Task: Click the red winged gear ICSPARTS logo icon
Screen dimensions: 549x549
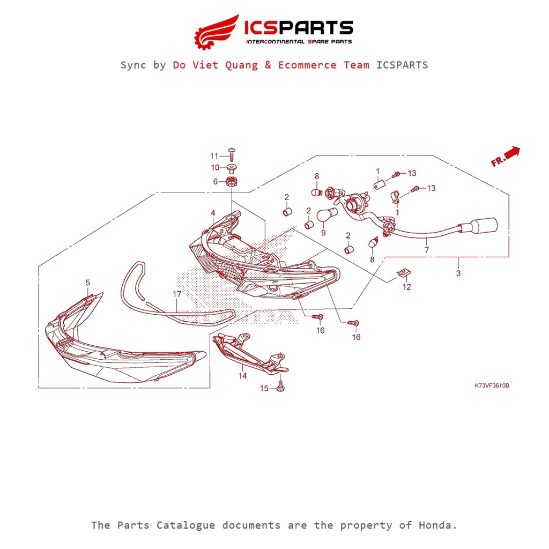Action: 216,31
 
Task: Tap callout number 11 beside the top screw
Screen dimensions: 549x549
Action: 214,156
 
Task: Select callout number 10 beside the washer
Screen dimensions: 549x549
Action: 214,168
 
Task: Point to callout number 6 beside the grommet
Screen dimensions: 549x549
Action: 216,182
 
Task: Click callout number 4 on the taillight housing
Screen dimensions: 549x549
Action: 213,213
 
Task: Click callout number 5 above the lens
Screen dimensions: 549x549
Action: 88,282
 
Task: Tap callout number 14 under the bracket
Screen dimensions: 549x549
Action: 243,376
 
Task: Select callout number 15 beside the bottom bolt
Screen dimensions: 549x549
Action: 264,388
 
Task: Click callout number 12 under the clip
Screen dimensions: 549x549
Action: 407,287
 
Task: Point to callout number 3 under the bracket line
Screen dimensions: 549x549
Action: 458,273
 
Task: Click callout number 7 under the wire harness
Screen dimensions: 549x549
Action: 427,250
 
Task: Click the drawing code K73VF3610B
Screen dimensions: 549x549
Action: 492,385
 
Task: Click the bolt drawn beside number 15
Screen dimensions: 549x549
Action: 280,387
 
